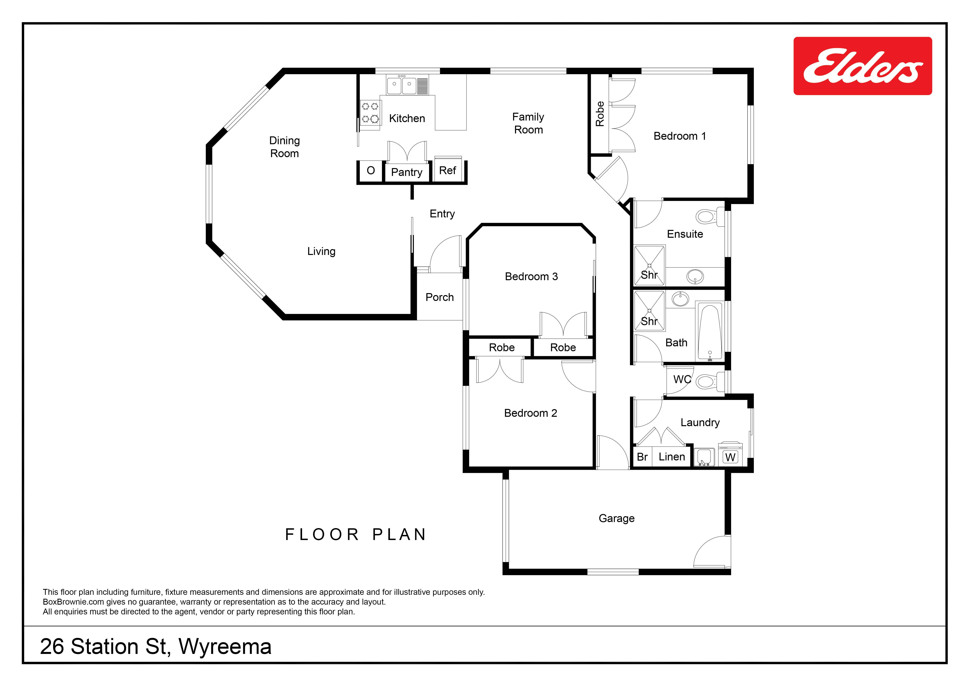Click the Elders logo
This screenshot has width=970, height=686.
(x=863, y=66)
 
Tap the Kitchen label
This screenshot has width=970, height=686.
(x=407, y=118)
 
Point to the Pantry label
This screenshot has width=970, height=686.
(x=406, y=172)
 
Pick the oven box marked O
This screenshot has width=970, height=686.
(x=371, y=171)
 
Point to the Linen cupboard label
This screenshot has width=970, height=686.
(x=672, y=457)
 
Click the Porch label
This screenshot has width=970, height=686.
(x=439, y=297)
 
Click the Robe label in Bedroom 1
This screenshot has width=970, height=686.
(x=599, y=114)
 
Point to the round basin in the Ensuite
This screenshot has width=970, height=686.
(x=695, y=277)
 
